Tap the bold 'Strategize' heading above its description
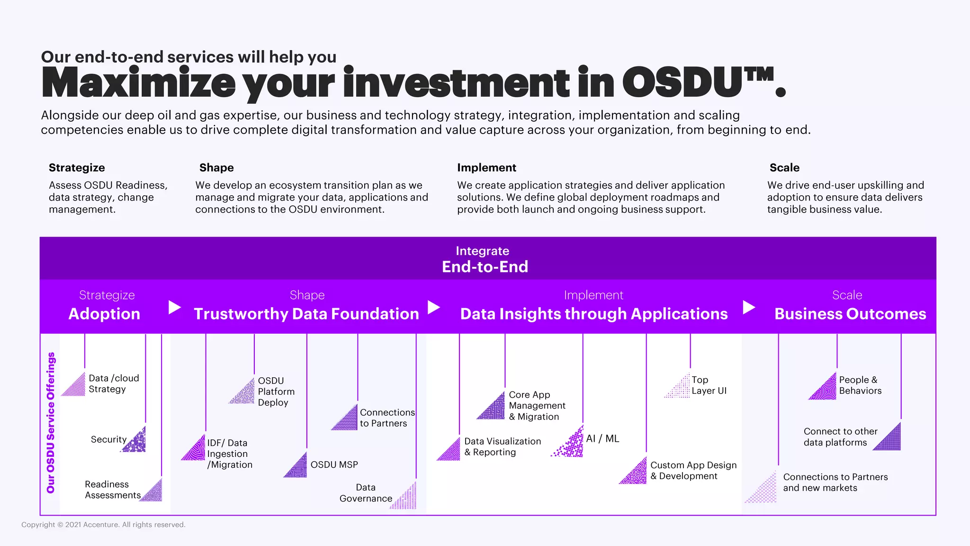[x=77, y=168]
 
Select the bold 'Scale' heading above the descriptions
[x=784, y=168]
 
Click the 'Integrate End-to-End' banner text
[x=485, y=259]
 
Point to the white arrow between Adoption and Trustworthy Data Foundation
[x=175, y=307]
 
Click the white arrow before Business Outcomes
[x=748, y=307]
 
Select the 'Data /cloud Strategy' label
[x=114, y=383]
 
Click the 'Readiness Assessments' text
[x=112, y=490]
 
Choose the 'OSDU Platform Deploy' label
[x=276, y=391]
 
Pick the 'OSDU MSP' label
[x=334, y=465]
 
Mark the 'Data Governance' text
[x=366, y=493]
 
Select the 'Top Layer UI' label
[x=709, y=385]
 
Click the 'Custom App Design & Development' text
[x=693, y=471]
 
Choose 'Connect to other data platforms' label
[x=840, y=437]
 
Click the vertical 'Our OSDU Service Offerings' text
[x=51, y=422]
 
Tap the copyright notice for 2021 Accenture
[x=103, y=525]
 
